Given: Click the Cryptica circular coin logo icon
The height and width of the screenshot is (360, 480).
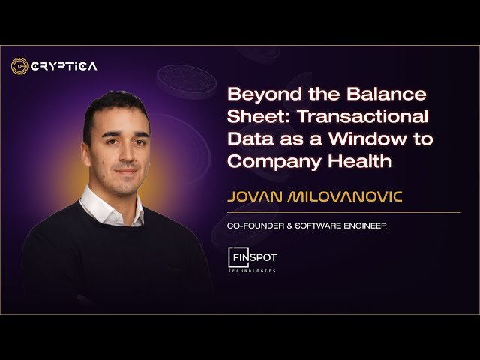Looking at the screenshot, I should [19, 66].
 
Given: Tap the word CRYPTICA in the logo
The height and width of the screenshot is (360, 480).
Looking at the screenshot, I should [64, 66].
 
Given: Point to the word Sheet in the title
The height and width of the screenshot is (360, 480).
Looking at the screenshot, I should [251, 117].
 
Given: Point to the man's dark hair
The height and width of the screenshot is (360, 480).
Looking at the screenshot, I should [112, 105].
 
